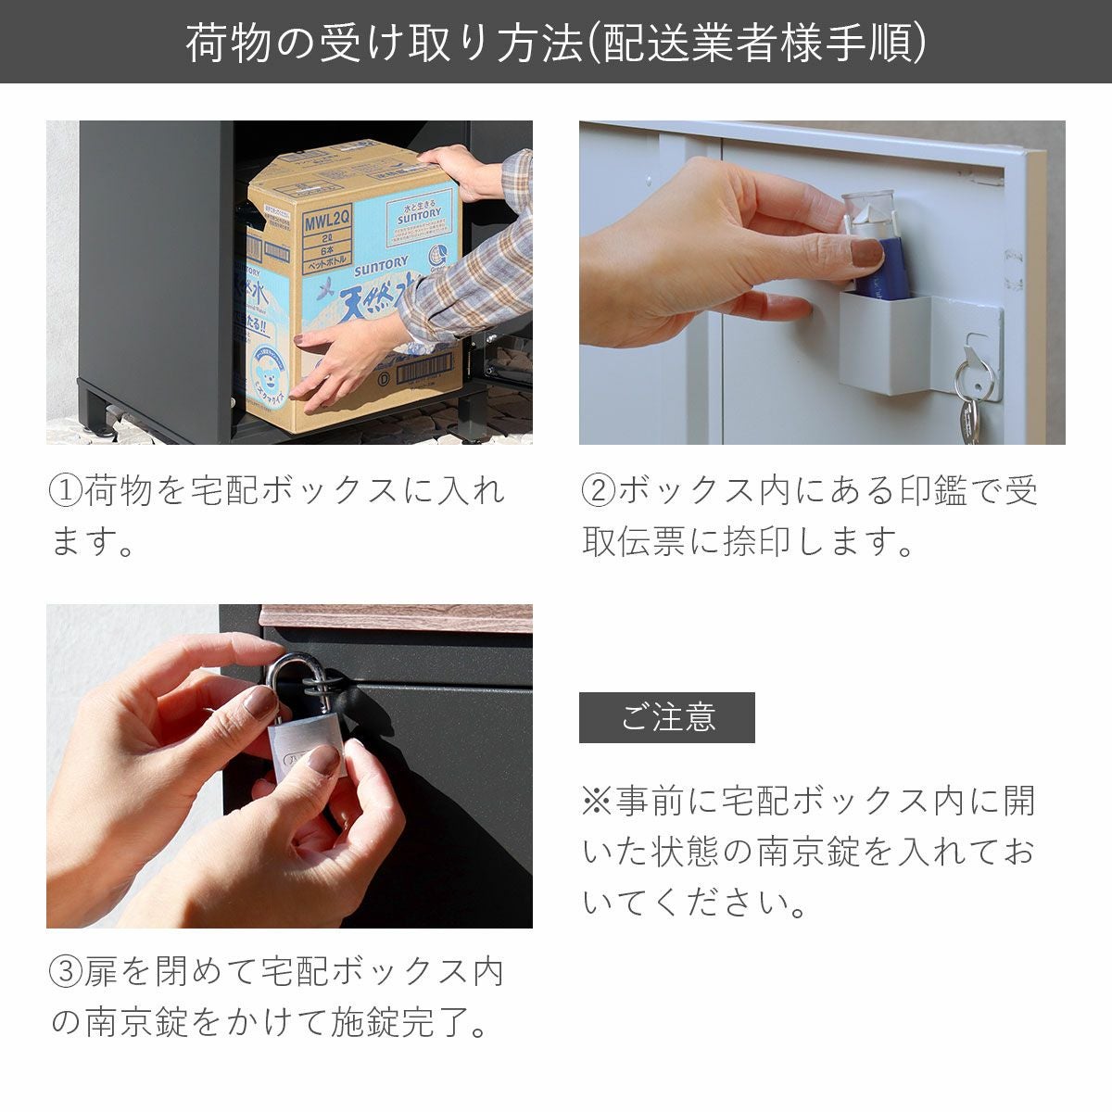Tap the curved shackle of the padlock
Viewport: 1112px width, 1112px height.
coord(287,672)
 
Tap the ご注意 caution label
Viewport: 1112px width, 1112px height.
coord(666,717)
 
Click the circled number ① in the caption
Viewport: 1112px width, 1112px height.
coord(66,490)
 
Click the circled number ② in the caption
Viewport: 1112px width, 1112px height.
coord(599,490)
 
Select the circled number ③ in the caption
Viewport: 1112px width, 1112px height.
coord(66,972)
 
